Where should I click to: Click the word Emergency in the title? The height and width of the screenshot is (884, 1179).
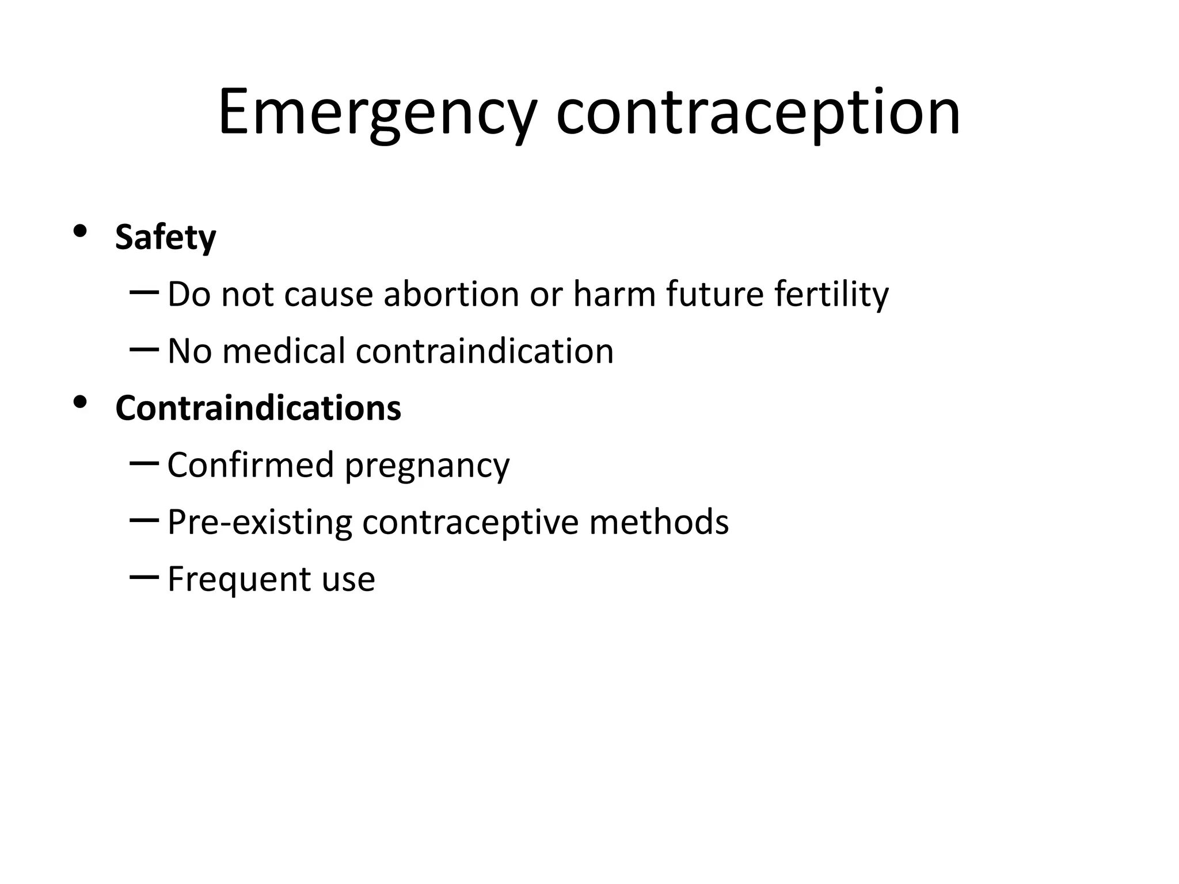pos(378,113)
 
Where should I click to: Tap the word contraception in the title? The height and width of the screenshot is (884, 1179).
pos(758,113)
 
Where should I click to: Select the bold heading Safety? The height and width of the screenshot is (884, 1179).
pos(165,237)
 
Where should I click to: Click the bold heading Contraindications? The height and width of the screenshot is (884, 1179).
pos(258,408)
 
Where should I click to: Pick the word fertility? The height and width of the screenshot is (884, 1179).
pos(831,294)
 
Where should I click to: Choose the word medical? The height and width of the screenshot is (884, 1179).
pos(283,351)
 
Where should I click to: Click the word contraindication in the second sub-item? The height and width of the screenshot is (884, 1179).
pos(484,351)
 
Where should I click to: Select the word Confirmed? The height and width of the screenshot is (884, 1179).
pos(250,465)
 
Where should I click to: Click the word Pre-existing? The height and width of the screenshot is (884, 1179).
pos(260,523)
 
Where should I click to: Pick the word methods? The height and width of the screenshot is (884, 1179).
pos(659,522)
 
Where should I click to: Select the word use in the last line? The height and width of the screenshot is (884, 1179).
pos(348,580)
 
